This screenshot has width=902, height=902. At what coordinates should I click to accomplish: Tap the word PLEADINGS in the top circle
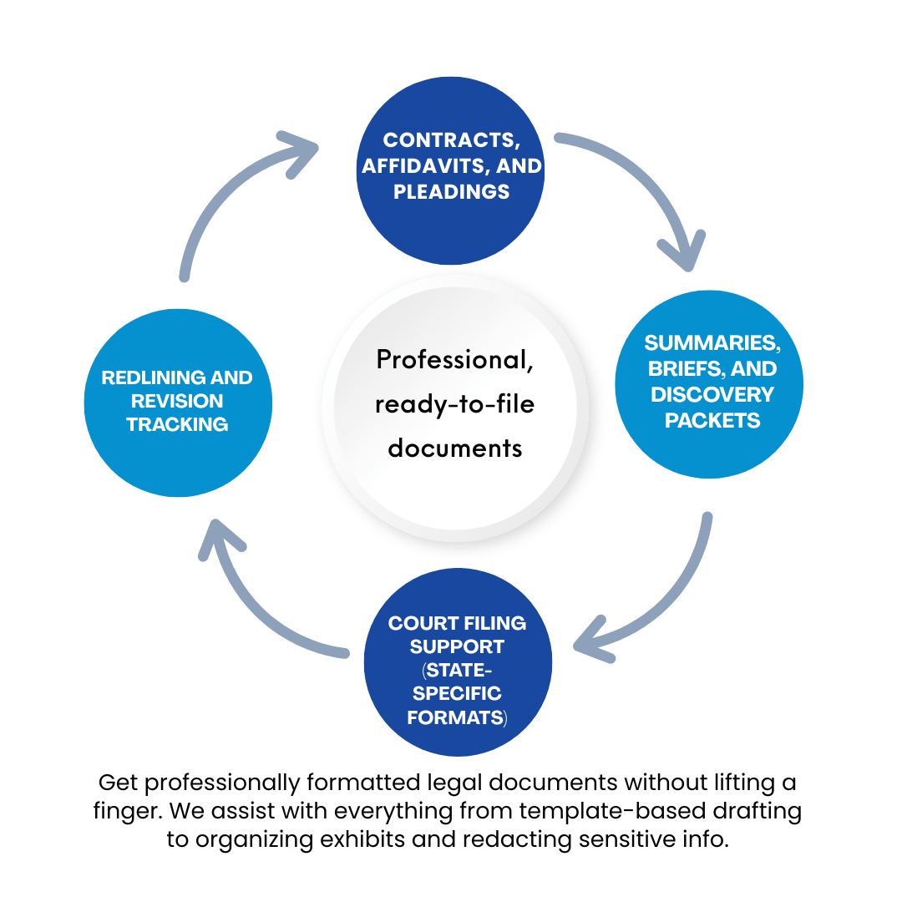(x=451, y=192)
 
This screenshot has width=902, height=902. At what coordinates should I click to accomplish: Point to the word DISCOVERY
(x=712, y=394)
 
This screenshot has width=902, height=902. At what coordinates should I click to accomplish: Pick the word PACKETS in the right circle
(x=712, y=420)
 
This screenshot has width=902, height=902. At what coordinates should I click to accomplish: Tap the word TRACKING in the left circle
(x=177, y=424)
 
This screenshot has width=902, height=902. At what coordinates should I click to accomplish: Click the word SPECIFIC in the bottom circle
(x=457, y=694)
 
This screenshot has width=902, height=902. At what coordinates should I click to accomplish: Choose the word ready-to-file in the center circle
(x=454, y=404)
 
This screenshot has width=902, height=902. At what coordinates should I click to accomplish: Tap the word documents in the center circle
(x=454, y=448)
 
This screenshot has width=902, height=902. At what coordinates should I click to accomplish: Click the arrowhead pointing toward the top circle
(x=306, y=148)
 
